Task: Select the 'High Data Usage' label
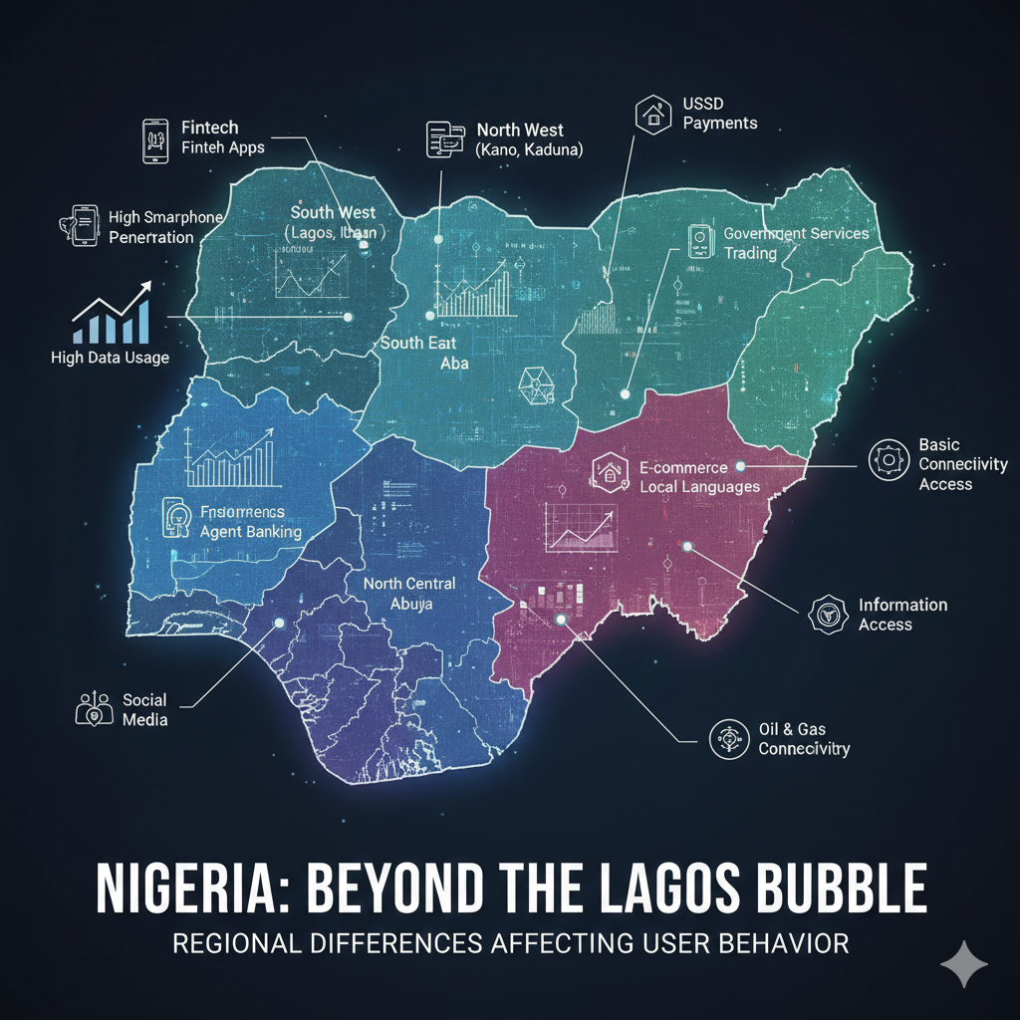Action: click(x=110, y=358)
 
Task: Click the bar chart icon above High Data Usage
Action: click(x=111, y=313)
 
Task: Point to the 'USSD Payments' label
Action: click(x=720, y=114)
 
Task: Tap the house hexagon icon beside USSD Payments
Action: click(x=653, y=114)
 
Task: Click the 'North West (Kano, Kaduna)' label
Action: click(x=528, y=139)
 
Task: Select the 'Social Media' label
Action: click(x=144, y=709)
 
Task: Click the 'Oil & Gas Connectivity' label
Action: click(x=804, y=739)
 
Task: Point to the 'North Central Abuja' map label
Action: click(x=408, y=593)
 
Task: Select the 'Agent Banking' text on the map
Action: click(x=250, y=532)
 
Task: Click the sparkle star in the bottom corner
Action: click(x=964, y=963)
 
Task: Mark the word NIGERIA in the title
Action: click(x=195, y=888)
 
